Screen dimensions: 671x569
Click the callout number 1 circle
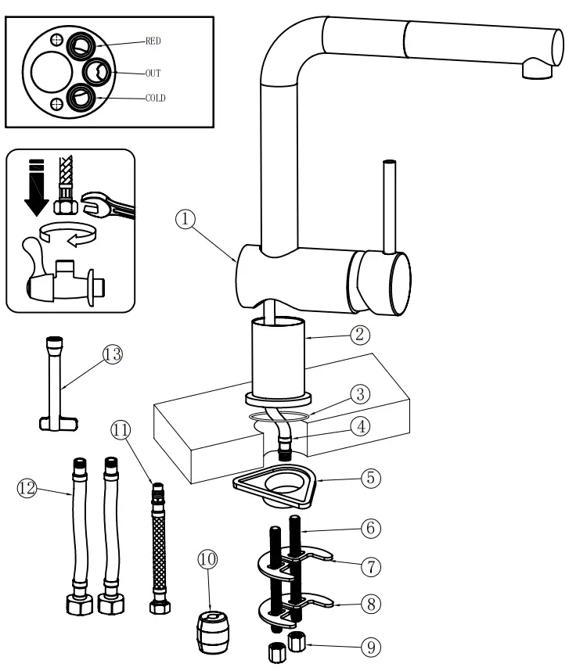click(x=185, y=220)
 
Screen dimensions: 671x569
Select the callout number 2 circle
click(x=360, y=335)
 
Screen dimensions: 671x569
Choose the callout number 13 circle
click(x=113, y=354)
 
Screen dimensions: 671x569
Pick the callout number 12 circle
click(x=27, y=488)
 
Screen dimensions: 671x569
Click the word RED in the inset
click(x=153, y=41)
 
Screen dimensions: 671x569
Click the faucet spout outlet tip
click(x=535, y=71)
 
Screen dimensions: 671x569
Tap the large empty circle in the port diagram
click(x=51, y=74)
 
